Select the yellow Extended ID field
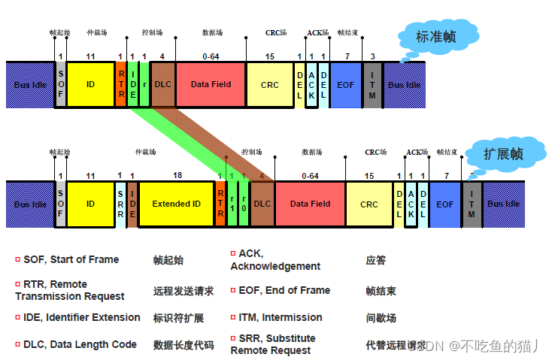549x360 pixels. (177, 204)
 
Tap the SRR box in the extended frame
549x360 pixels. (120, 204)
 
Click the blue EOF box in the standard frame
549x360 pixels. (346, 85)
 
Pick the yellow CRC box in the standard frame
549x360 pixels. (270, 85)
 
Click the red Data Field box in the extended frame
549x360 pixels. (310, 204)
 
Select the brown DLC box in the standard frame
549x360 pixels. (163, 85)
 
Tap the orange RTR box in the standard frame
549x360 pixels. (121, 85)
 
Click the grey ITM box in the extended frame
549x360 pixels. (472, 204)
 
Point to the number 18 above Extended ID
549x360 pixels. (177, 175)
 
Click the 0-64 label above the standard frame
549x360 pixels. (211, 56)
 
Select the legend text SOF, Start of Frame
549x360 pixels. (71, 259)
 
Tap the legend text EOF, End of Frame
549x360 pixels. (284, 290)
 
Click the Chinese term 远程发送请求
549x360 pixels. (184, 291)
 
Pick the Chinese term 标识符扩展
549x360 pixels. (178, 318)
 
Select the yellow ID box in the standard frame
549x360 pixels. (90, 85)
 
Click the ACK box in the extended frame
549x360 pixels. (411, 204)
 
